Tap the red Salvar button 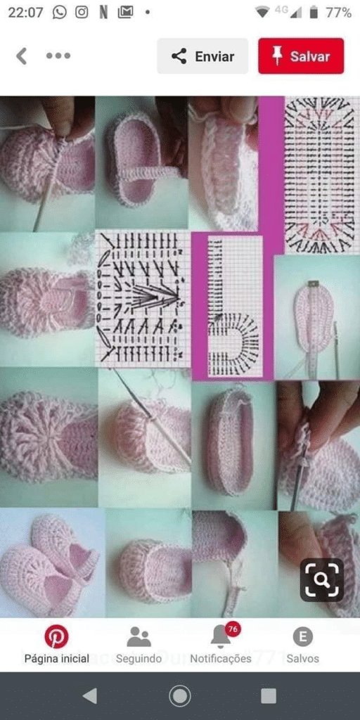301,56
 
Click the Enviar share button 202,56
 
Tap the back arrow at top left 21,56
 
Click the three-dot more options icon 58,56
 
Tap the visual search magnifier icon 322,580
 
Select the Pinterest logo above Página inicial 56,637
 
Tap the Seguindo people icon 139,637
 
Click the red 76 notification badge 233,629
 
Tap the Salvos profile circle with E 302,637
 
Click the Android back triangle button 90,696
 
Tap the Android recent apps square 269,696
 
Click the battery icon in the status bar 314,13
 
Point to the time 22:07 26,13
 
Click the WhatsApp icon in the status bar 59,12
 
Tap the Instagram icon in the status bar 82,12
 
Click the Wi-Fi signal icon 262,13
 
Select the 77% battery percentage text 338,13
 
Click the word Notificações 221,658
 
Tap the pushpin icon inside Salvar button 277,56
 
